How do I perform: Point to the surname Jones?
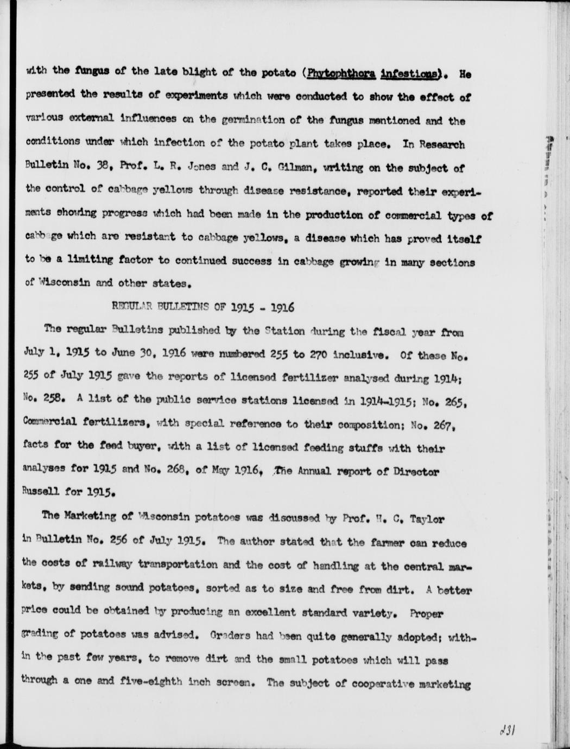(202, 168)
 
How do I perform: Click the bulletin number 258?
(54, 400)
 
